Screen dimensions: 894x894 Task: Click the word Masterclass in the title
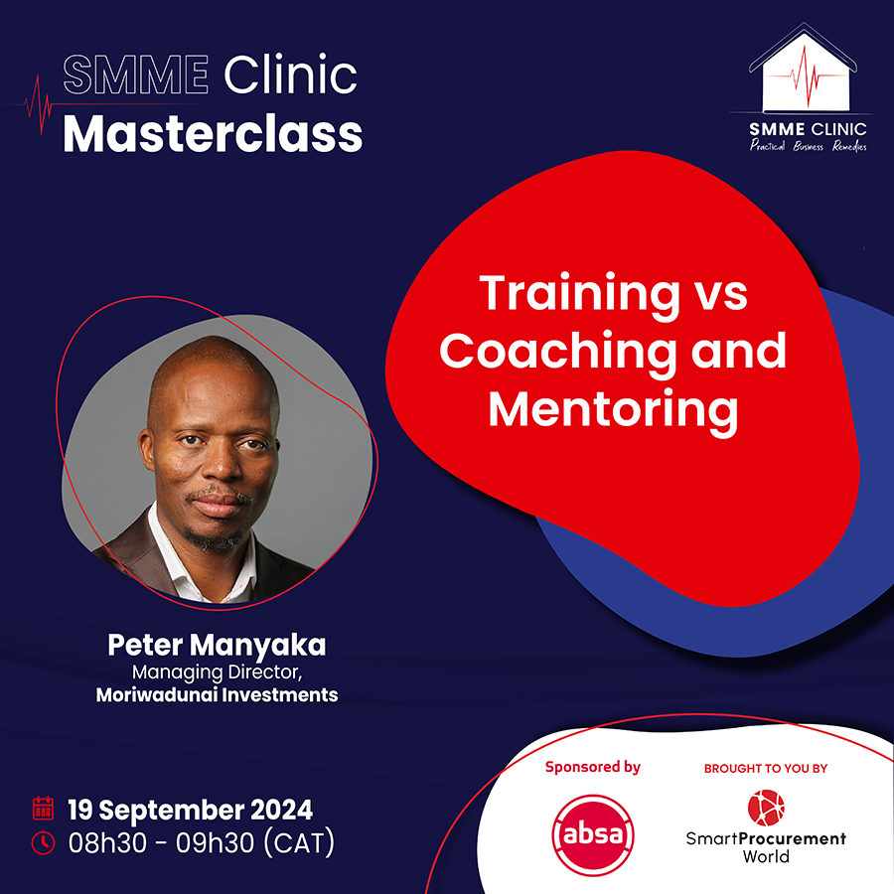tap(213, 134)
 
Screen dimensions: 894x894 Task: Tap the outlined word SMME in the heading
tap(136, 74)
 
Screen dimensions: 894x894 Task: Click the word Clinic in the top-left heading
tap(290, 74)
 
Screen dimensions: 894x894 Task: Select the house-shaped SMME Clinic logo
tap(803, 68)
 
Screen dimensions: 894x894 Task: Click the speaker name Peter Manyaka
tap(217, 646)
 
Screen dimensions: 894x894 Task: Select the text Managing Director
tap(217, 672)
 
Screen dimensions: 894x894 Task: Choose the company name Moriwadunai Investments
tap(217, 695)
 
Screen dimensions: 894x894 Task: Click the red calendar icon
tap(44, 808)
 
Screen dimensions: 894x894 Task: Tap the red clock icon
tap(44, 843)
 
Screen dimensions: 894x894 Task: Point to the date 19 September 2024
tap(191, 811)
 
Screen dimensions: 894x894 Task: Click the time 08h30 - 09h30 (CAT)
tap(202, 843)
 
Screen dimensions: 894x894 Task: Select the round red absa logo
tap(593, 834)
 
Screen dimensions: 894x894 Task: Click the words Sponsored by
tap(593, 768)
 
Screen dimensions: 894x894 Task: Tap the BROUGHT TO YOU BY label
tap(766, 769)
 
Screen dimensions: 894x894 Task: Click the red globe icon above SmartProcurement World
tap(766, 808)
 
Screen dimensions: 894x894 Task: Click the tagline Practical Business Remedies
tap(808, 146)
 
